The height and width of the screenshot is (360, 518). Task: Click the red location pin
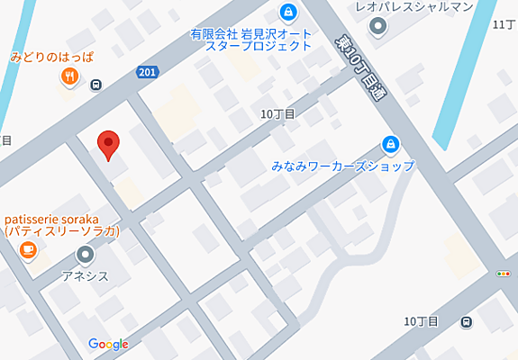(109, 145)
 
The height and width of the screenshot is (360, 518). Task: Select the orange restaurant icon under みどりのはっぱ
(68, 77)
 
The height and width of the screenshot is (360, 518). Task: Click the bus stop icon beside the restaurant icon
(96, 85)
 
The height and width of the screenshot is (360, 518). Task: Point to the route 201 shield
(150, 71)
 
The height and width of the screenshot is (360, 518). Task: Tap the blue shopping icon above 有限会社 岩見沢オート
(288, 13)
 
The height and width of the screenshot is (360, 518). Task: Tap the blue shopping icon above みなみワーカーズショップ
(390, 144)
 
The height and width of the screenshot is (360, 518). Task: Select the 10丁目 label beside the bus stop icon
(421, 321)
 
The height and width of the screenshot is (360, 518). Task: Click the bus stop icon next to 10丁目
(466, 322)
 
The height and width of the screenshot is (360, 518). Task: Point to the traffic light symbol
(503, 274)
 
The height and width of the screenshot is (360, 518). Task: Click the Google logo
(108, 344)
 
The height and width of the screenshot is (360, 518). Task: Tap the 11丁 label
(503, 24)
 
